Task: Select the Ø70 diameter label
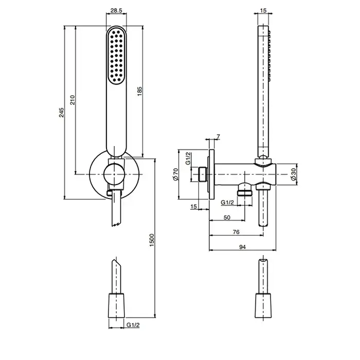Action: point(175,175)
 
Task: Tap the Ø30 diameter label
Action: point(293,174)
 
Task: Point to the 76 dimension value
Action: point(236,232)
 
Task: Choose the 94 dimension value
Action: point(242,247)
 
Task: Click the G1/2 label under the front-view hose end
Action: point(132,326)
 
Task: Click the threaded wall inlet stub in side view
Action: point(202,174)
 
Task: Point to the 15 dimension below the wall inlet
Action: point(194,206)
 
